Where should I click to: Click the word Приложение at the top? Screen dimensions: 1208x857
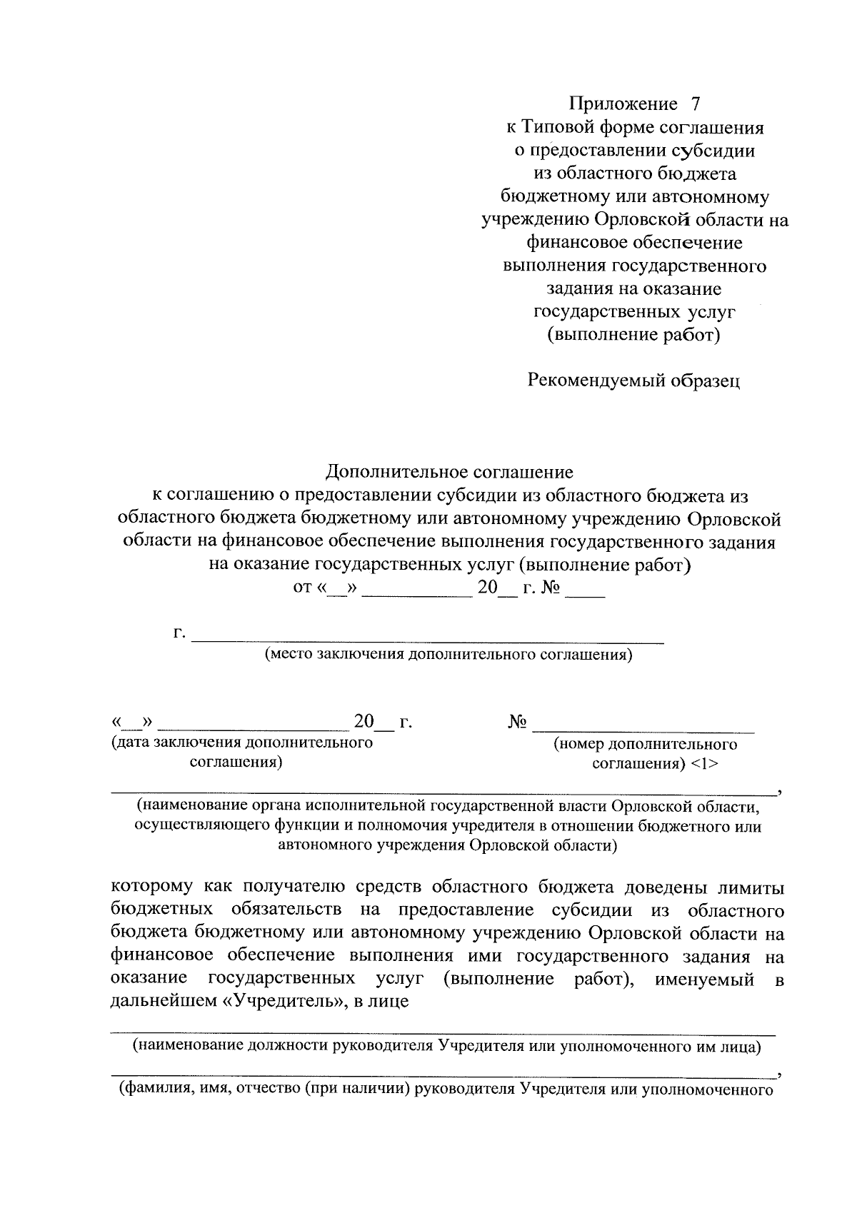623,104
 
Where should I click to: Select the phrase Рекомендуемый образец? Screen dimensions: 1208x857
633,381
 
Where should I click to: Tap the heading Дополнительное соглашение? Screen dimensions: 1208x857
449,472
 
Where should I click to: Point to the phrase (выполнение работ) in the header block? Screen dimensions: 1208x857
633,334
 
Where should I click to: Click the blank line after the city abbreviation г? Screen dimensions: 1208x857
428,637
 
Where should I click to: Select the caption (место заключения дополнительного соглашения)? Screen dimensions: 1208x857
448,654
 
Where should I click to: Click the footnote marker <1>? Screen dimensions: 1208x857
704,763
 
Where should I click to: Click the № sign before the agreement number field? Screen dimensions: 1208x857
518,722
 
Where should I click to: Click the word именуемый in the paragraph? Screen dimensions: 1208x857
705,978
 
